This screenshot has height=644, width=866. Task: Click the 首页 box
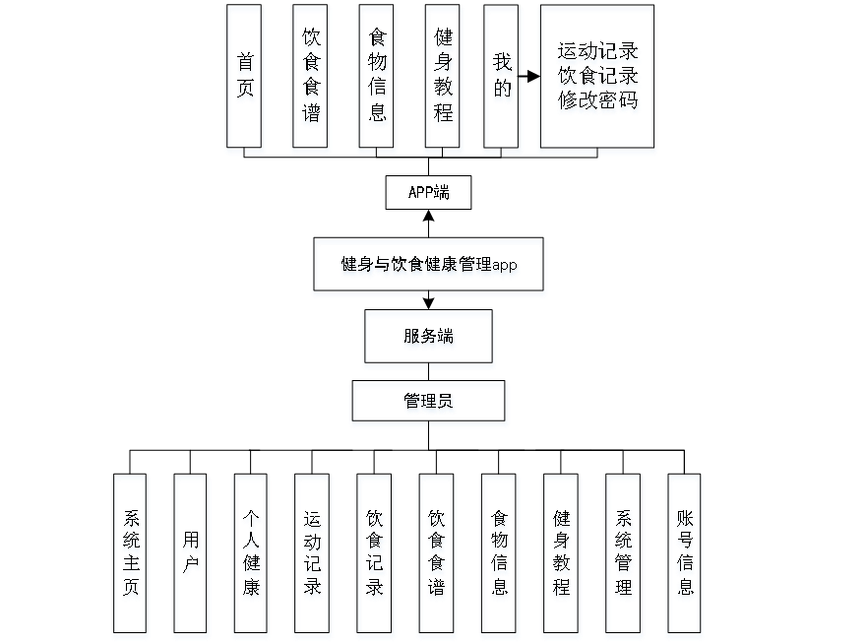tap(245, 79)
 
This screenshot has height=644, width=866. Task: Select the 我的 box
tap(503, 79)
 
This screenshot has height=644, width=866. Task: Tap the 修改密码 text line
tap(597, 101)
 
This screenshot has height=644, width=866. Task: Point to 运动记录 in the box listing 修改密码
tap(597, 52)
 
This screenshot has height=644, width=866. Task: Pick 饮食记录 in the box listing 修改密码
tap(597, 77)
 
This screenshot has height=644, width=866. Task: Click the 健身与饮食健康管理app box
tap(429, 266)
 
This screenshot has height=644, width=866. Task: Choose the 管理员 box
tap(429, 403)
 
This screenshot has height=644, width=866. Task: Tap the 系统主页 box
tap(131, 555)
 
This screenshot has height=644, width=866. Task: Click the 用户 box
tap(192, 555)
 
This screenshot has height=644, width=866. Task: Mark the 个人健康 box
tap(252, 555)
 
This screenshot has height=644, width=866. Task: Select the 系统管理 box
tap(624, 555)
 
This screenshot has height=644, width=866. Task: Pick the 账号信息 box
tap(685, 555)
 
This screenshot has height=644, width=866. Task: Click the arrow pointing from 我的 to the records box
tap(529, 75)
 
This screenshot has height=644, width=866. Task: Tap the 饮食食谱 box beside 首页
tap(311, 79)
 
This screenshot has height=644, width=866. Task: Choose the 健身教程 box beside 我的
tap(444, 79)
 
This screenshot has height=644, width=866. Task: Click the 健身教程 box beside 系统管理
tap(561, 555)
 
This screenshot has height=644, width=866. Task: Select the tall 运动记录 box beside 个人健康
tap(313, 555)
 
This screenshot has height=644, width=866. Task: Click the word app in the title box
tap(505, 266)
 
